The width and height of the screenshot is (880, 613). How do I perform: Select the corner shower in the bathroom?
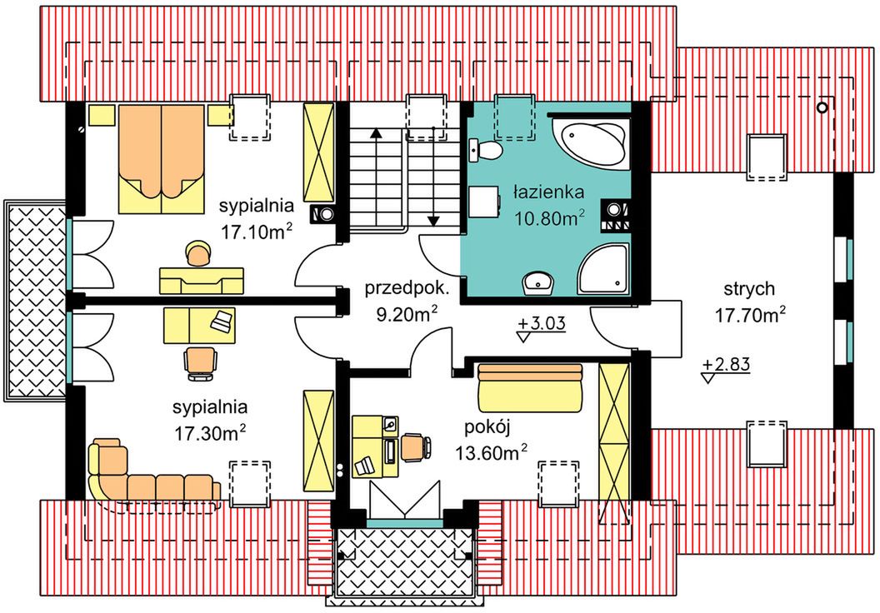603,269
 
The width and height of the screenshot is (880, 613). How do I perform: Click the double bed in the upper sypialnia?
162,159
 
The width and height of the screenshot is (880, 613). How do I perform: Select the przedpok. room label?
407,289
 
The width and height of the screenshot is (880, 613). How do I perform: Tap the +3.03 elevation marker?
542,329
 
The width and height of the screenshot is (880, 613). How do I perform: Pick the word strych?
749,290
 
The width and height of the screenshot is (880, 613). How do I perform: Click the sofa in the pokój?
530,387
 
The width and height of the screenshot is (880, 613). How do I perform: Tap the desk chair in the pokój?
416,447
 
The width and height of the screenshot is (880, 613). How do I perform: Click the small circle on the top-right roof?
822,107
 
